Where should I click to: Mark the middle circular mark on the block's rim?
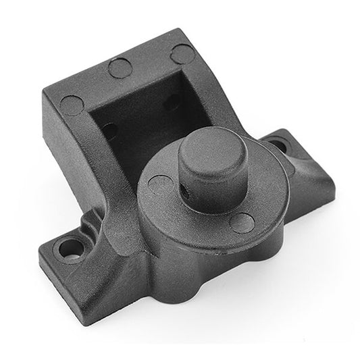coord(120,67)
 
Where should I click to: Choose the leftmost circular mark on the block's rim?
coord(72,105)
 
